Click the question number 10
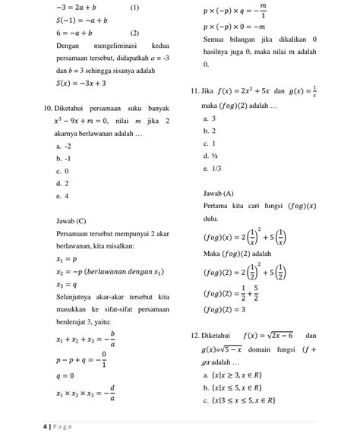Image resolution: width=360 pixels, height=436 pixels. pyautogui.click(x=50, y=109)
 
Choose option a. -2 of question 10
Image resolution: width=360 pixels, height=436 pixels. pyautogui.click(x=64, y=146)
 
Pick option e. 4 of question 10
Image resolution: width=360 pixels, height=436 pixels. pyautogui.click(x=62, y=195)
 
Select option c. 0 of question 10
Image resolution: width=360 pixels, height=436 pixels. pyautogui.click(x=62, y=171)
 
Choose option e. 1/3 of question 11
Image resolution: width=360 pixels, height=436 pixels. pyautogui.click(x=213, y=168)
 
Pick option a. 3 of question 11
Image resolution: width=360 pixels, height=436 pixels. pyautogui.click(x=210, y=119)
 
